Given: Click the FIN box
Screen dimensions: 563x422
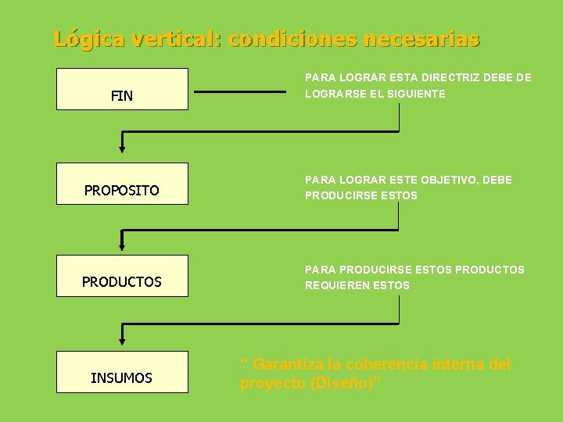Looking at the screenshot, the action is click(122, 89).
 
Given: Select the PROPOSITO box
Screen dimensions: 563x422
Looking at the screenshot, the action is click(122, 184).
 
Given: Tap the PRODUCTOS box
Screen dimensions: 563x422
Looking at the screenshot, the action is click(122, 276).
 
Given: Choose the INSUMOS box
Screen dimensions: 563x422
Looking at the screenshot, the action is click(122, 372).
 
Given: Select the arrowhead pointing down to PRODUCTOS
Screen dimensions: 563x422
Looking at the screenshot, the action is click(121, 244).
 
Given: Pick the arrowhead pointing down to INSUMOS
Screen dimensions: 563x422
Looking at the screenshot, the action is click(121, 338).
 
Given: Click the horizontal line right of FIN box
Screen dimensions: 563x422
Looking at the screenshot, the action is click(240, 91).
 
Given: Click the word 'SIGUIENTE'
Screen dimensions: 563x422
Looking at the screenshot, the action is click(417, 94).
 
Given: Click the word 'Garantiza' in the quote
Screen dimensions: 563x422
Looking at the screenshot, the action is click(289, 364).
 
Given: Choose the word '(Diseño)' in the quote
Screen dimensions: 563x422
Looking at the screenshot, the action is click(343, 383).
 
